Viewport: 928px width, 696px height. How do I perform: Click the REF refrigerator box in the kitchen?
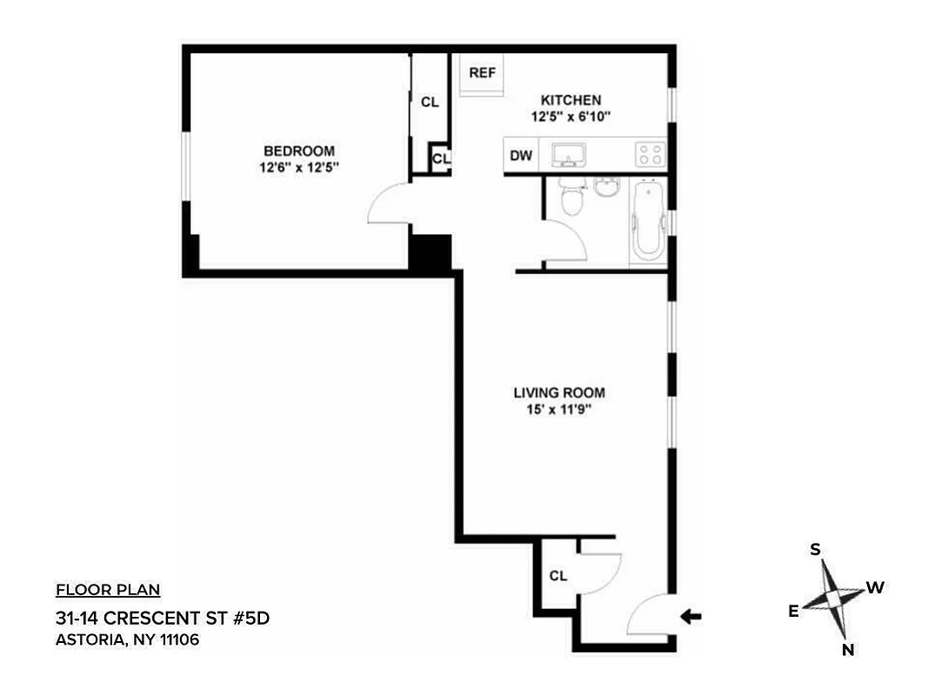(x=482, y=75)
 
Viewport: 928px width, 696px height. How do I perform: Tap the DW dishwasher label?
(x=521, y=157)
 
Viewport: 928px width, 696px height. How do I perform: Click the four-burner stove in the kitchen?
(x=649, y=155)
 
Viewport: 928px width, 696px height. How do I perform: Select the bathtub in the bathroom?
(x=647, y=220)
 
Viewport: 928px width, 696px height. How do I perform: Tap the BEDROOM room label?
(x=299, y=151)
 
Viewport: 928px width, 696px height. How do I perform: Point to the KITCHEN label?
(x=571, y=100)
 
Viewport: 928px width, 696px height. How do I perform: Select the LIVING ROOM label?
(x=558, y=392)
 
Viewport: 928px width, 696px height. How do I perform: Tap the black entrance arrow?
(x=691, y=617)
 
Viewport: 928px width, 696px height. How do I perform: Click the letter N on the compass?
(x=847, y=650)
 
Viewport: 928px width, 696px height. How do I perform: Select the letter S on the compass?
(x=816, y=549)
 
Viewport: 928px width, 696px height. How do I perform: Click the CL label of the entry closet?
(x=558, y=576)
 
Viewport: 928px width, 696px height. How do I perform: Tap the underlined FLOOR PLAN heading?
(x=108, y=591)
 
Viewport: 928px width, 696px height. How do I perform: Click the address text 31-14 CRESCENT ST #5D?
(x=157, y=619)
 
